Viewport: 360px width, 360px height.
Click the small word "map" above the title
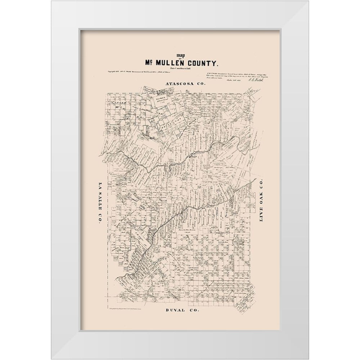pos(180,56)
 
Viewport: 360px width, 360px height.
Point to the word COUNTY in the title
pos(203,63)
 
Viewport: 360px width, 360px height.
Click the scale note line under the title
pos(180,68)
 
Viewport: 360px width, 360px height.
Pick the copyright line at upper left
pos(130,72)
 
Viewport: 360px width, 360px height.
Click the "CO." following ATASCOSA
pos(200,84)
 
